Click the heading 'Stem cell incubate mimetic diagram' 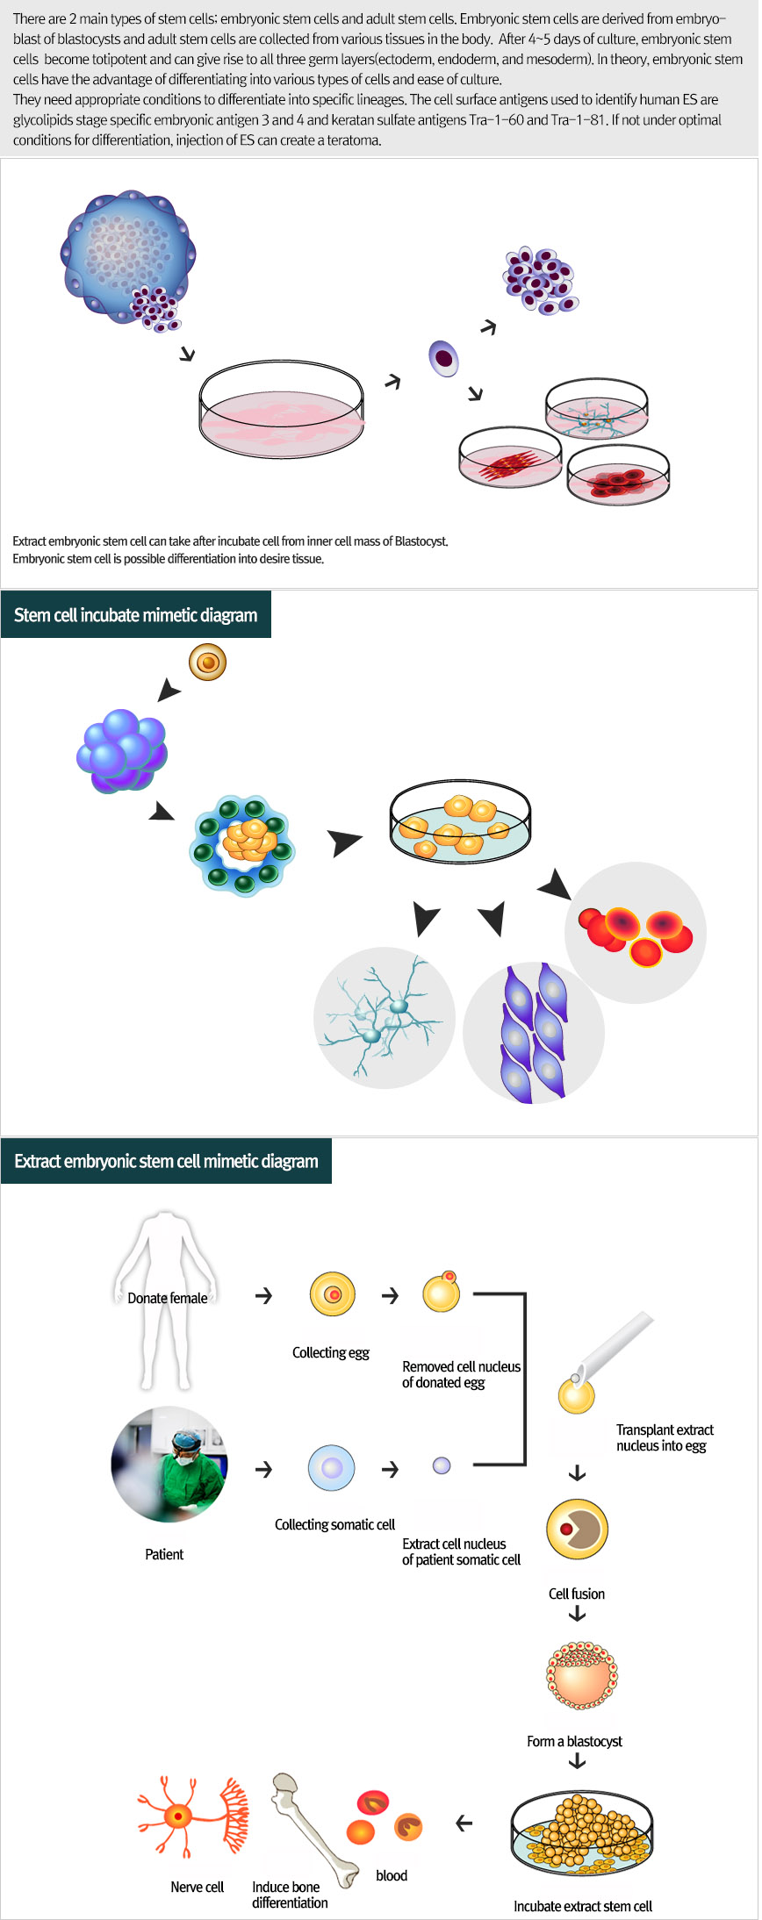click(x=135, y=615)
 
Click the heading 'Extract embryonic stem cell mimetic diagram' click(x=166, y=1161)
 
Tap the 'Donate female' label click(x=167, y=1298)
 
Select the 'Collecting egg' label click(x=330, y=1352)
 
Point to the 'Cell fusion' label click(x=576, y=1594)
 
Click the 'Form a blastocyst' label click(x=574, y=1741)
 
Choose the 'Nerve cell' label click(x=197, y=1887)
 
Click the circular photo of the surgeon click(x=169, y=1465)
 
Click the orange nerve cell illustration click(x=191, y=1816)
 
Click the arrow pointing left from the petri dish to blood click(x=464, y=1823)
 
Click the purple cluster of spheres click(x=122, y=752)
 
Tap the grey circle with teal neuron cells click(x=385, y=1017)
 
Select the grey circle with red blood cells click(x=636, y=933)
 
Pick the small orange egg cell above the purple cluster click(x=208, y=663)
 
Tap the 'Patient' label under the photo click(x=164, y=1554)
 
